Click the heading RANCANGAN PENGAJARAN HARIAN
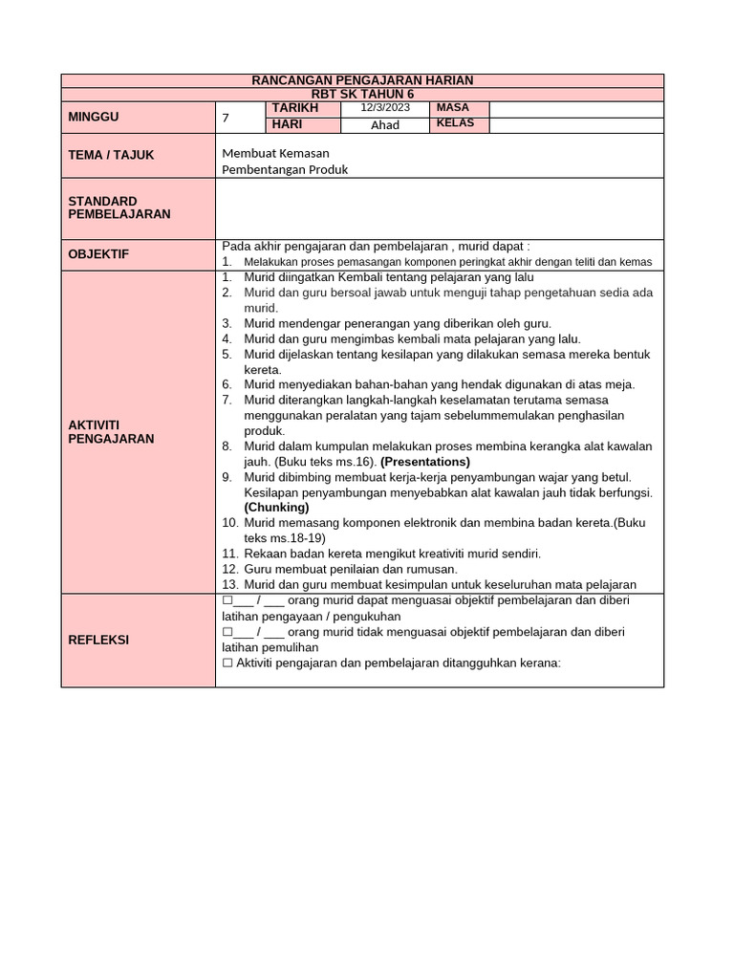pyautogui.click(x=362, y=80)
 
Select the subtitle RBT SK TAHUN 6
pyautogui.click(x=362, y=94)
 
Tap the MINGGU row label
pyautogui.click(x=94, y=117)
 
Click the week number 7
pyautogui.click(x=226, y=119)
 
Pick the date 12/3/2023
pyautogui.click(x=385, y=108)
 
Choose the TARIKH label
pyautogui.click(x=293, y=108)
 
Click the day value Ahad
pyautogui.click(x=385, y=125)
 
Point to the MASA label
pyautogui.click(x=452, y=108)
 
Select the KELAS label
pyautogui.click(x=455, y=124)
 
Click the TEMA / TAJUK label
pyautogui.click(x=111, y=155)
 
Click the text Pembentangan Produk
pyautogui.click(x=285, y=169)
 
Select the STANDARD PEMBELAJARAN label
pyautogui.click(x=119, y=207)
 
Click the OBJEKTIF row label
pyautogui.click(x=97, y=254)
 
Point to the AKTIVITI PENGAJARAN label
pyautogui.click(x=111, y=431)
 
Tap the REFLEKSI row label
pyautogui.click(x=98, y=640)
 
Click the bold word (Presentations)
pyautogui.click(x=425, y=461)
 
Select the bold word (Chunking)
pyautogui.click(x=276, y=507)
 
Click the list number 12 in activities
pyautogui.click(x=229, y=569)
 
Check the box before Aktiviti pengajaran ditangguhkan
pyautogui.click(x=227, y=663)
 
